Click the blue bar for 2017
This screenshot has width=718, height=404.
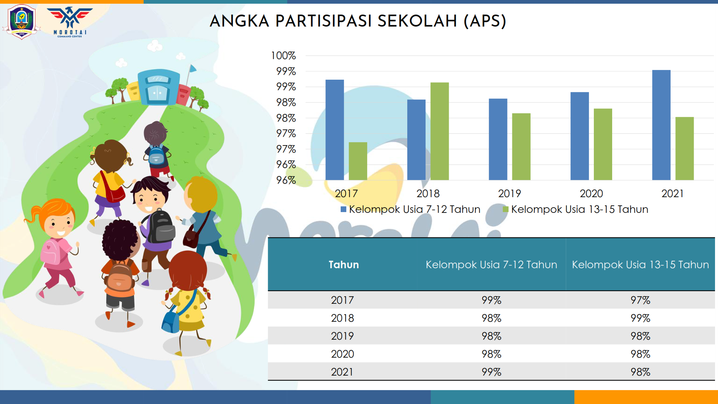point(335,130)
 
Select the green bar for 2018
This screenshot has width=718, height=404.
point(440,131)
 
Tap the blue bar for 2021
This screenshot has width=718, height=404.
point(661,125)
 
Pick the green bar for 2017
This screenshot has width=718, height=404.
point(358,161)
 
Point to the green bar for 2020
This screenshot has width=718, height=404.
point(603,144)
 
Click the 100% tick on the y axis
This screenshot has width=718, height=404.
point(283,56)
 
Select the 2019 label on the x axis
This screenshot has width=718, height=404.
point(509,193)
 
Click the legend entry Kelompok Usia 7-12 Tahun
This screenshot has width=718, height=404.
point(411,209)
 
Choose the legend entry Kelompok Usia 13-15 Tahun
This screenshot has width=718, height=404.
point(576,209)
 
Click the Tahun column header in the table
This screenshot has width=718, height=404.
point(344,264)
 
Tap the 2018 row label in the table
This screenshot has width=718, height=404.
point(342,318)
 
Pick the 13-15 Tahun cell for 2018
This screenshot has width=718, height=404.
point(640,318)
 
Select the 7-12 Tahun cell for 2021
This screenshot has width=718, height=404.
point(491,372)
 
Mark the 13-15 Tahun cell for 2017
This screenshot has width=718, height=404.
point(640,300)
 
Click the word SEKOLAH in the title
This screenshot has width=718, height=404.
point(417,21)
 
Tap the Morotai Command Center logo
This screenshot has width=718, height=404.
point(70,22)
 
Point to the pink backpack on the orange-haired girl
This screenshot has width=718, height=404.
point(50,251)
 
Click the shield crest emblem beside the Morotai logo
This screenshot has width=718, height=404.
point(22,22)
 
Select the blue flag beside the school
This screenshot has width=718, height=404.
point(193,68)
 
